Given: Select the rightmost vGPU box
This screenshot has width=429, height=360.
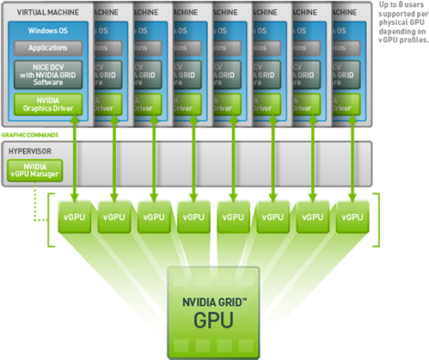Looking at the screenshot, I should click(353, 217).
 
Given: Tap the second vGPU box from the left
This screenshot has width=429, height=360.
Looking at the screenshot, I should click(113, 217).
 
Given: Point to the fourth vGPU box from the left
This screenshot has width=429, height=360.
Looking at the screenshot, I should click(192, 217).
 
